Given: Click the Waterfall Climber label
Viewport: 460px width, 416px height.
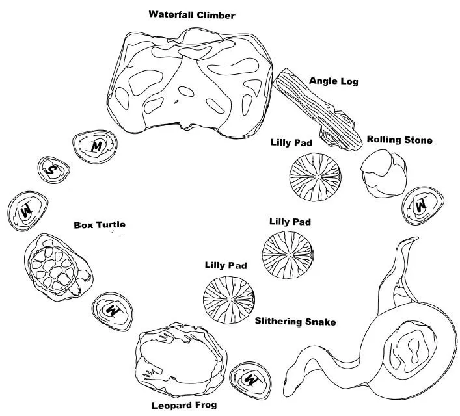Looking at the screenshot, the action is pyautogui.click(x=192, y=15).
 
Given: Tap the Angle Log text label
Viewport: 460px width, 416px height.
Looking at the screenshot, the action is pyautogui.click(x=334, y=81).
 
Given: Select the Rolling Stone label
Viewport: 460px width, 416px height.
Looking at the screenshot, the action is pyautogui.click(x=399, y=140).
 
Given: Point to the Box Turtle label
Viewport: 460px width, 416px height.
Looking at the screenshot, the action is pyautogui.click(x=100, y=225).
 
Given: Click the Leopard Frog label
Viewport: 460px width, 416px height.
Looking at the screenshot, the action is pyautogui.click(x=184, y=406).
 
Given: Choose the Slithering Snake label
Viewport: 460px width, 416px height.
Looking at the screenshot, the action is pyautogui.click(x=295, y=322).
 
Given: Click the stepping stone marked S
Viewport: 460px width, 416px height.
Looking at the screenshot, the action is pyautogui.click(x=54, y=170).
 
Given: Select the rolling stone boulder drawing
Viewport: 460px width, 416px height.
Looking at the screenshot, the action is pyautogui.click(x=384, y=174).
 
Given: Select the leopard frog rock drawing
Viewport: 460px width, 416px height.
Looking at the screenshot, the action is pyautogui.click(x=181, y=359).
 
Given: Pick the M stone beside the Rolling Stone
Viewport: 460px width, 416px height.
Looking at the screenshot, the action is pyautogui.click(x=422, y=205).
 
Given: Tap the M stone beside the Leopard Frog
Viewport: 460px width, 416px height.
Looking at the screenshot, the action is pyautogui.click(x=250, y=381).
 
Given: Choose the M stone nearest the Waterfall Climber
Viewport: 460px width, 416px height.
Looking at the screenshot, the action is pyautogui.click(x=95, y=147).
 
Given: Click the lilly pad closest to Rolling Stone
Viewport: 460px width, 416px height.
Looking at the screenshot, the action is pyautogui.click(x=316, y=177).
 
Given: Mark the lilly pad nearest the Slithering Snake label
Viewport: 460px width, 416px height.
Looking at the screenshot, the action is pyautogui.click(x=229, y=299).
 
